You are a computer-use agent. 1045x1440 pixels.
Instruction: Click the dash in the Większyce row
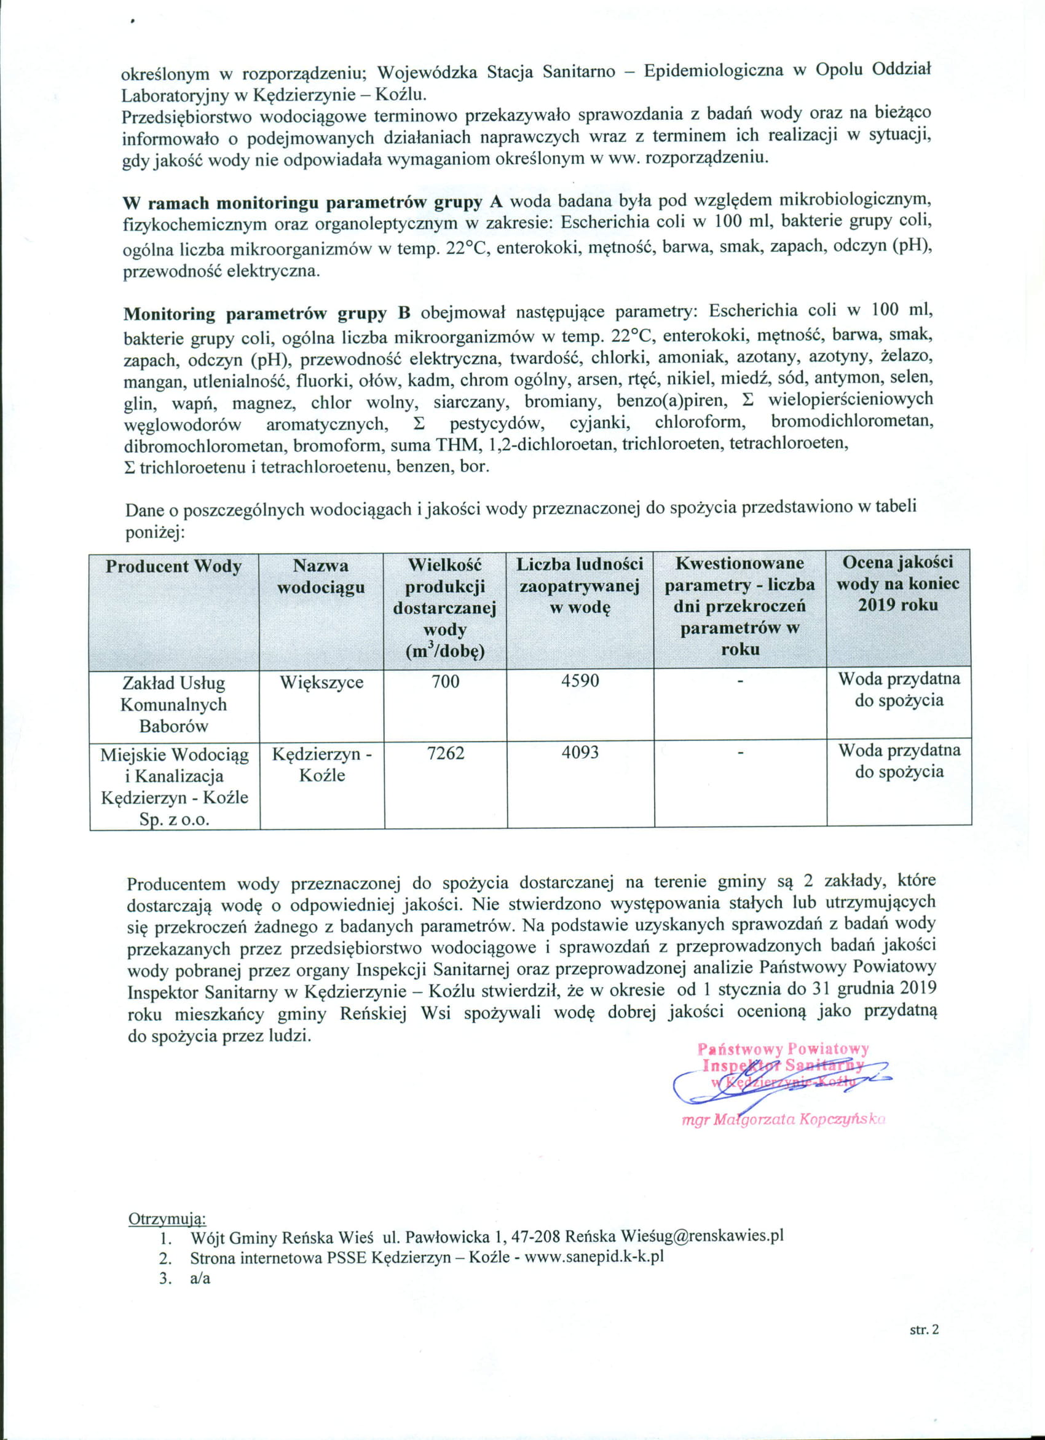pyautogui.click(x=739, y=682)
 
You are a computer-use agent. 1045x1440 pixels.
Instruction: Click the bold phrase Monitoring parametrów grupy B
pyautogui.click(x=267, y=314)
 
